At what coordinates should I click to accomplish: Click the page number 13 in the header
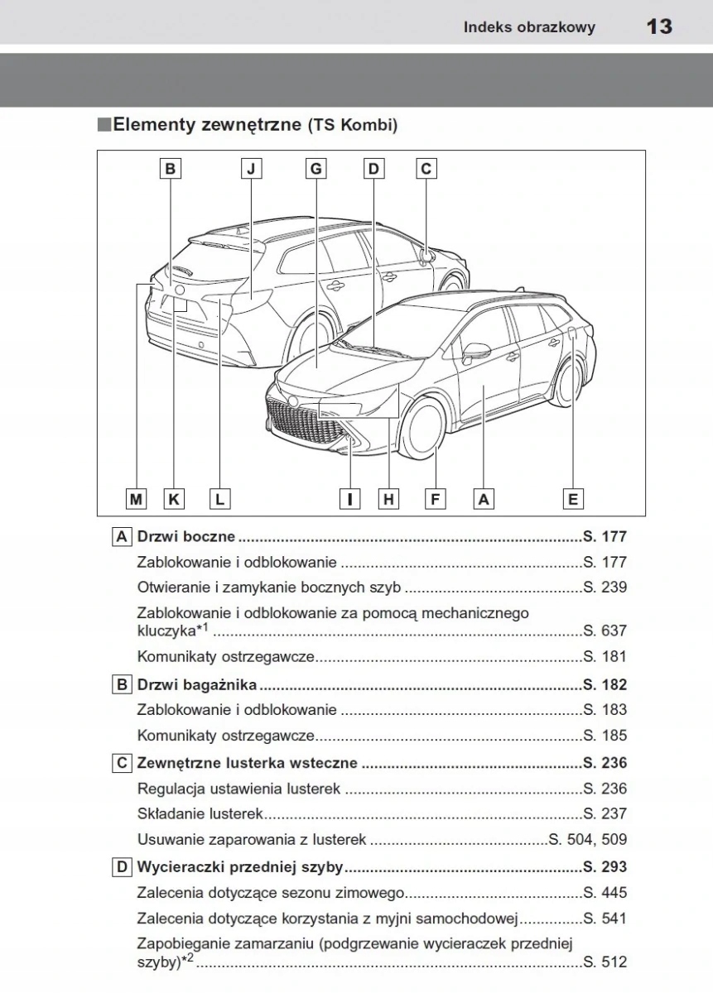(x=659, y=26)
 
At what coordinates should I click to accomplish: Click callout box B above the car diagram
(x=170, y=169)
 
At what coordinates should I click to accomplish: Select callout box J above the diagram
(x=251, y=169)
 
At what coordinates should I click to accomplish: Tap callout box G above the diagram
(x=316, y=169)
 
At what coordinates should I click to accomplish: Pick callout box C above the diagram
(x=426, y=169)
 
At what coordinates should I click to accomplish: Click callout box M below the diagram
(x=136, y=499)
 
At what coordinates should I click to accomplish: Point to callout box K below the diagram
(x=174, y=499)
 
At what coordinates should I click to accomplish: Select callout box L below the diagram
(x=219, y=499)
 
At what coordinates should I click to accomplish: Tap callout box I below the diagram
(x=350, y=499)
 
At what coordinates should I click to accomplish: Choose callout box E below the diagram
(x=572, y=499)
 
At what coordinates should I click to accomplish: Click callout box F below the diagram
(x=434, y=499)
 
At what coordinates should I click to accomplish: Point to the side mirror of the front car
(x=475, y=351)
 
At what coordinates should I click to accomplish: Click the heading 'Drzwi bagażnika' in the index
(x=196, y=685)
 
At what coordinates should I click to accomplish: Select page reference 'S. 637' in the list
(x=605, y=631)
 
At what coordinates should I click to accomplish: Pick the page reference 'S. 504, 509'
(x=588, y=839)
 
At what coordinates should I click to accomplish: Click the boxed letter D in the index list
(x=122, y=867)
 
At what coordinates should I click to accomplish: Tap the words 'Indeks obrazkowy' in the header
(x=529, y=27)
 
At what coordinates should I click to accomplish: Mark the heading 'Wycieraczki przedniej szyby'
(x=240, y=867)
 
